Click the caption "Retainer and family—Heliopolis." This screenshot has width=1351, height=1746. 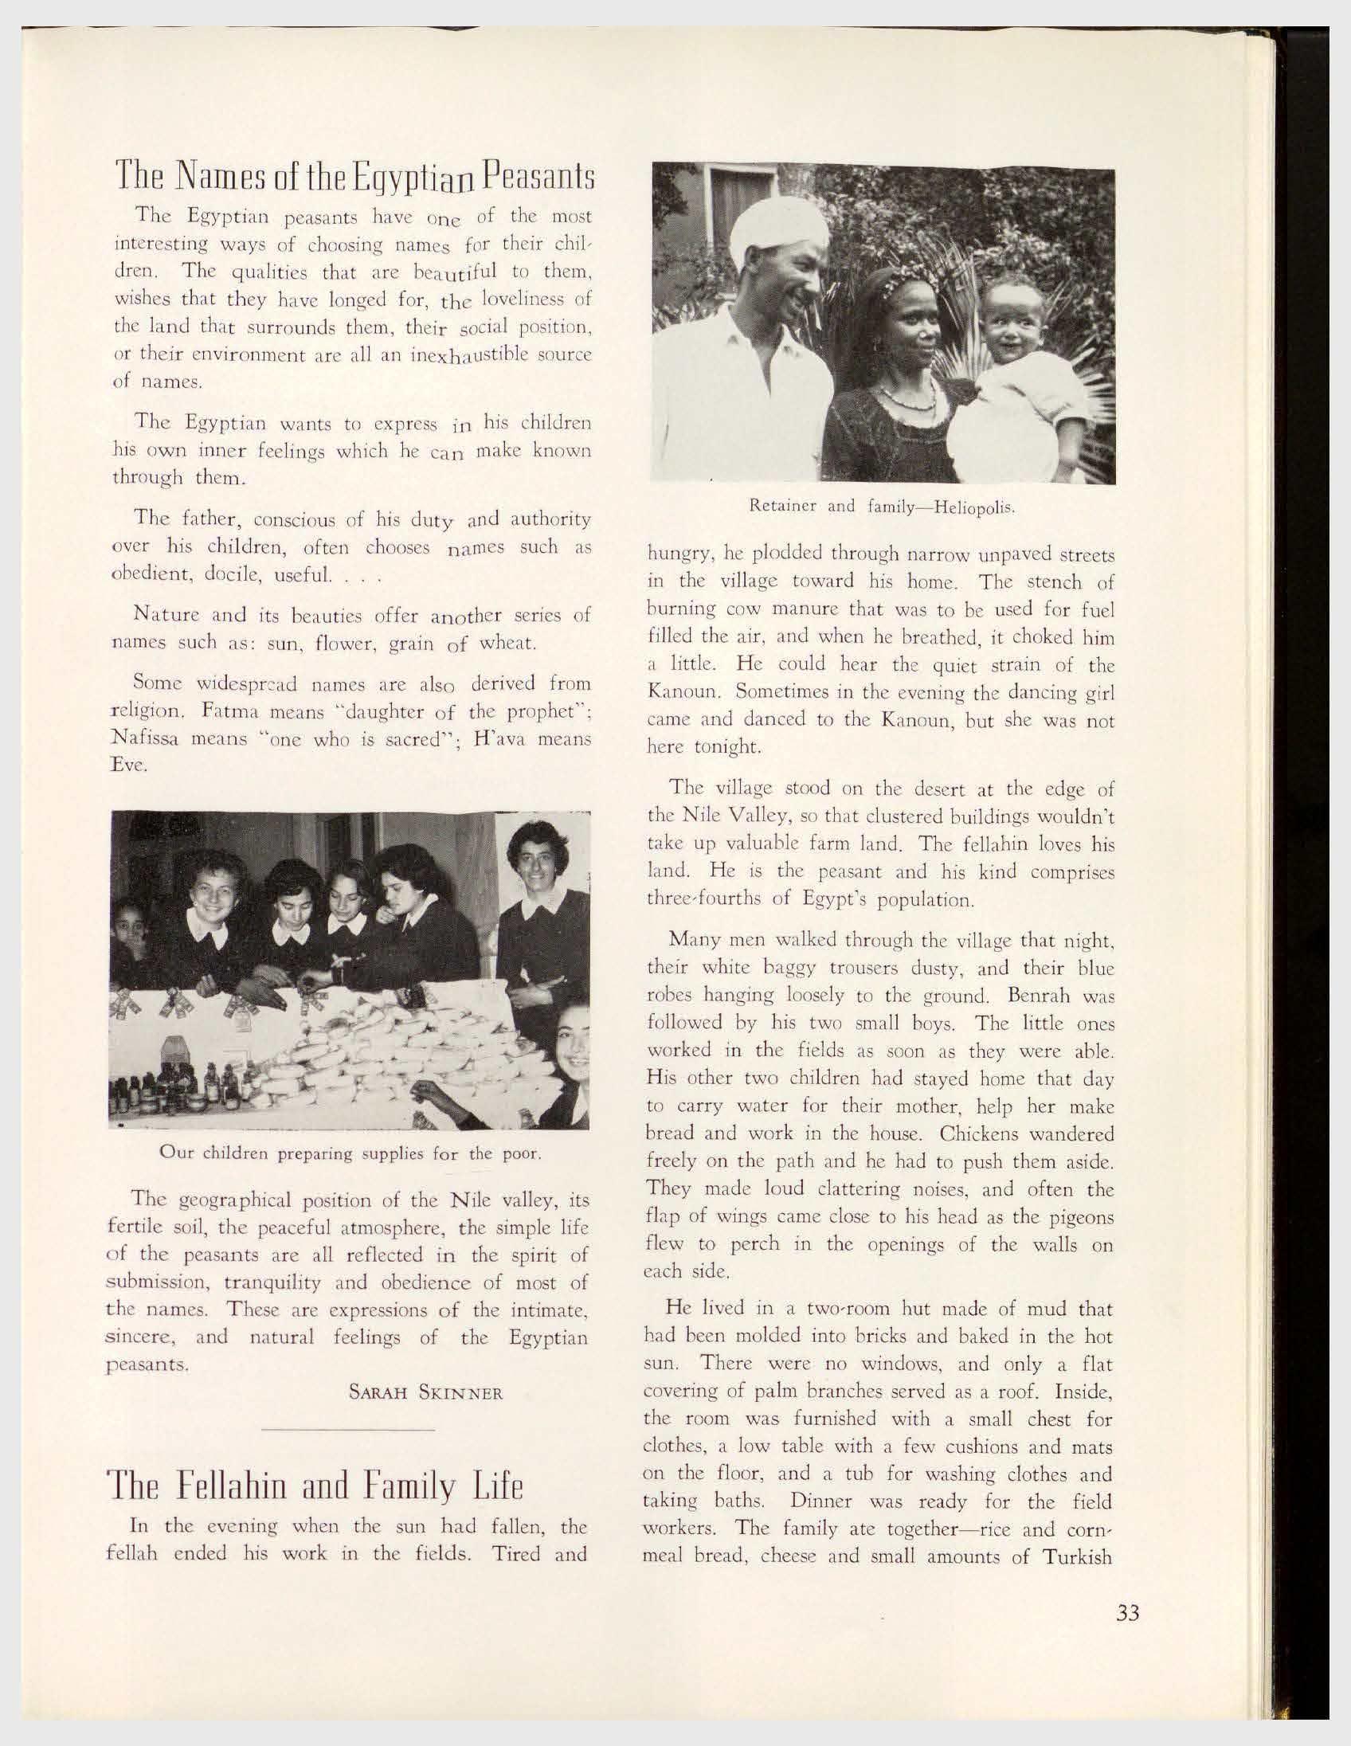tap(882, 506)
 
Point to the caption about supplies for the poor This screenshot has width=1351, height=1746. tap(351, 1153)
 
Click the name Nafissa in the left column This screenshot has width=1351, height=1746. tap(144, 738)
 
